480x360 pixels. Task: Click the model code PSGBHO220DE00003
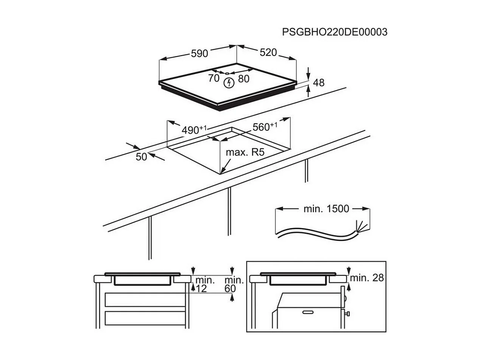335,32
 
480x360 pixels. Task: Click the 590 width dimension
199,53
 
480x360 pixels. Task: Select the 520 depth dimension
268,52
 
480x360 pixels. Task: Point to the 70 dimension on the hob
214,78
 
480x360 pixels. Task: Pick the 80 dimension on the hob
244,79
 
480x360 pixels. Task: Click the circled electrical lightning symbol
228,83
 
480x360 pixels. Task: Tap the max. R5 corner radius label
244,153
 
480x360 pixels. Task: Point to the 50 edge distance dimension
141,156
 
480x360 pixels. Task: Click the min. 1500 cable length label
326,209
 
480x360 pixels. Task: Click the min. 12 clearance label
205,284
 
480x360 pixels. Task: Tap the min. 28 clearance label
366,278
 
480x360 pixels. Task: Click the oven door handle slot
308,312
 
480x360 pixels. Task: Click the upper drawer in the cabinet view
145,300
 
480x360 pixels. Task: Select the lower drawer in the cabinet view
145,318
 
